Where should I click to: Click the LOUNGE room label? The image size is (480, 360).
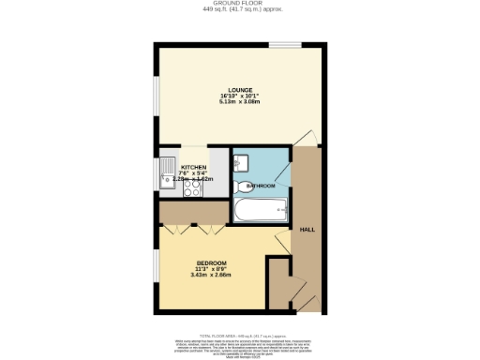coord(239,89)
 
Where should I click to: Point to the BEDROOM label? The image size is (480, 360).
coord(212,262)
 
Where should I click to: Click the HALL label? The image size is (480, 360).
coord(306,229)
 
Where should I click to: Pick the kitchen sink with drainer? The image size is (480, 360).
coord(165,173)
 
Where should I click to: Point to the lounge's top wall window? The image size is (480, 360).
coord(285,44)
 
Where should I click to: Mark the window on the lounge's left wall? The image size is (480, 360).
coord(156,95)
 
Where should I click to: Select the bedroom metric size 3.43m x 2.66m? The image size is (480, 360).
coord(212,275)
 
